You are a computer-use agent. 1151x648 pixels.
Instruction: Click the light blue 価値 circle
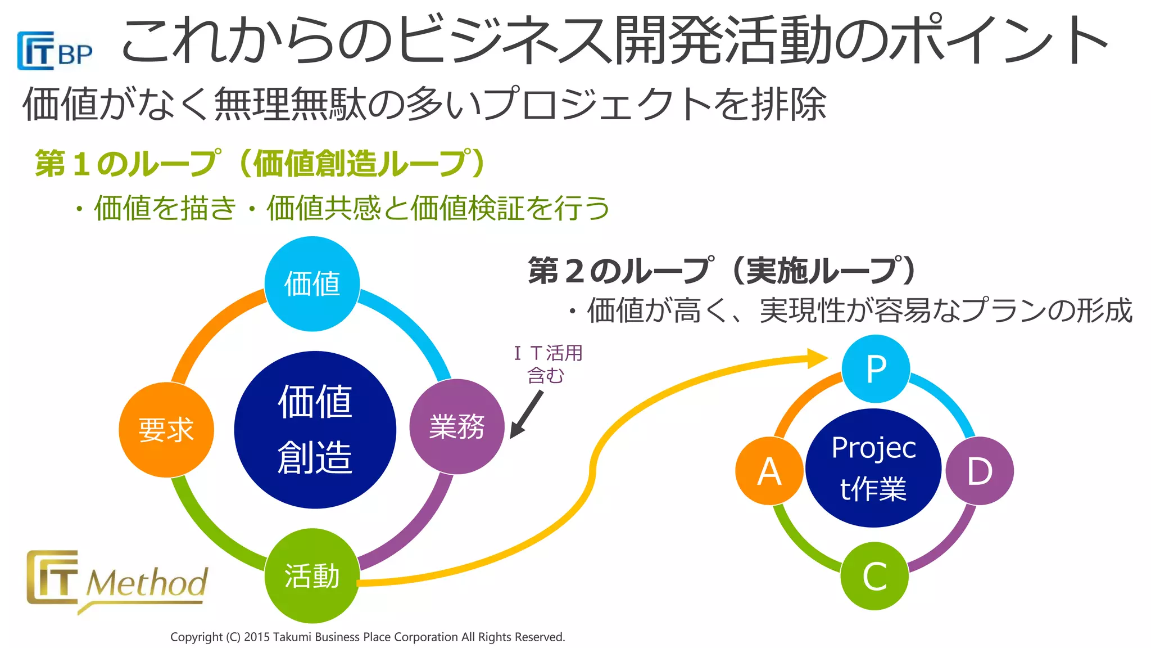pyautogui.click(x=312, y=283)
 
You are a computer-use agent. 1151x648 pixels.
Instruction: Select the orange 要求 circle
pyautogui.click(x=166, y=430)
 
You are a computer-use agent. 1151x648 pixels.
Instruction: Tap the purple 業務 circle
pyautogui.click(x=457, y=426)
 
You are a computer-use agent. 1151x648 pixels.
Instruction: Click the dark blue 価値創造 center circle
pyautogui.click(x=315, y=430)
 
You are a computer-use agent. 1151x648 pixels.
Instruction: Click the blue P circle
pyautogui.click(x=876, y=369)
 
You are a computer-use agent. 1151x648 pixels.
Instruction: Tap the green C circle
pyautogui.click(x=874, y=576)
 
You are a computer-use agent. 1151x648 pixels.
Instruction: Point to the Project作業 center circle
pyautogui.click(x=873, y=468)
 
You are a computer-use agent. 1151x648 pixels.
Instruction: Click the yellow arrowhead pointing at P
pyautogui.click(x=818, y=358)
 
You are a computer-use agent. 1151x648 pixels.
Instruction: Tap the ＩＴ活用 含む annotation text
pyautogui.click(x=547, y=364)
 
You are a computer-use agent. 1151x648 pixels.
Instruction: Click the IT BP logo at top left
pyautogui.click(x=54, y=51)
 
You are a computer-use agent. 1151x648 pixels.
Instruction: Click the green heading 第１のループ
pyautogui.click(x=127, y=164)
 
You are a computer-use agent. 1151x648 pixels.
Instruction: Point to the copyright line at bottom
pyautogui.click(x=368, y=637)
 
